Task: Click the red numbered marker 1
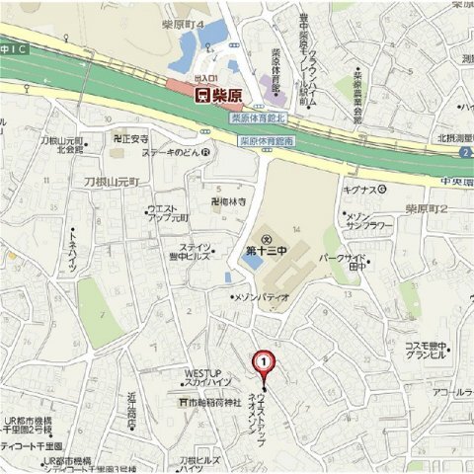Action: point(264,362)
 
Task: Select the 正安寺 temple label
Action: point(130,139)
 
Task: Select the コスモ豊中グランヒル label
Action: point(427,352)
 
